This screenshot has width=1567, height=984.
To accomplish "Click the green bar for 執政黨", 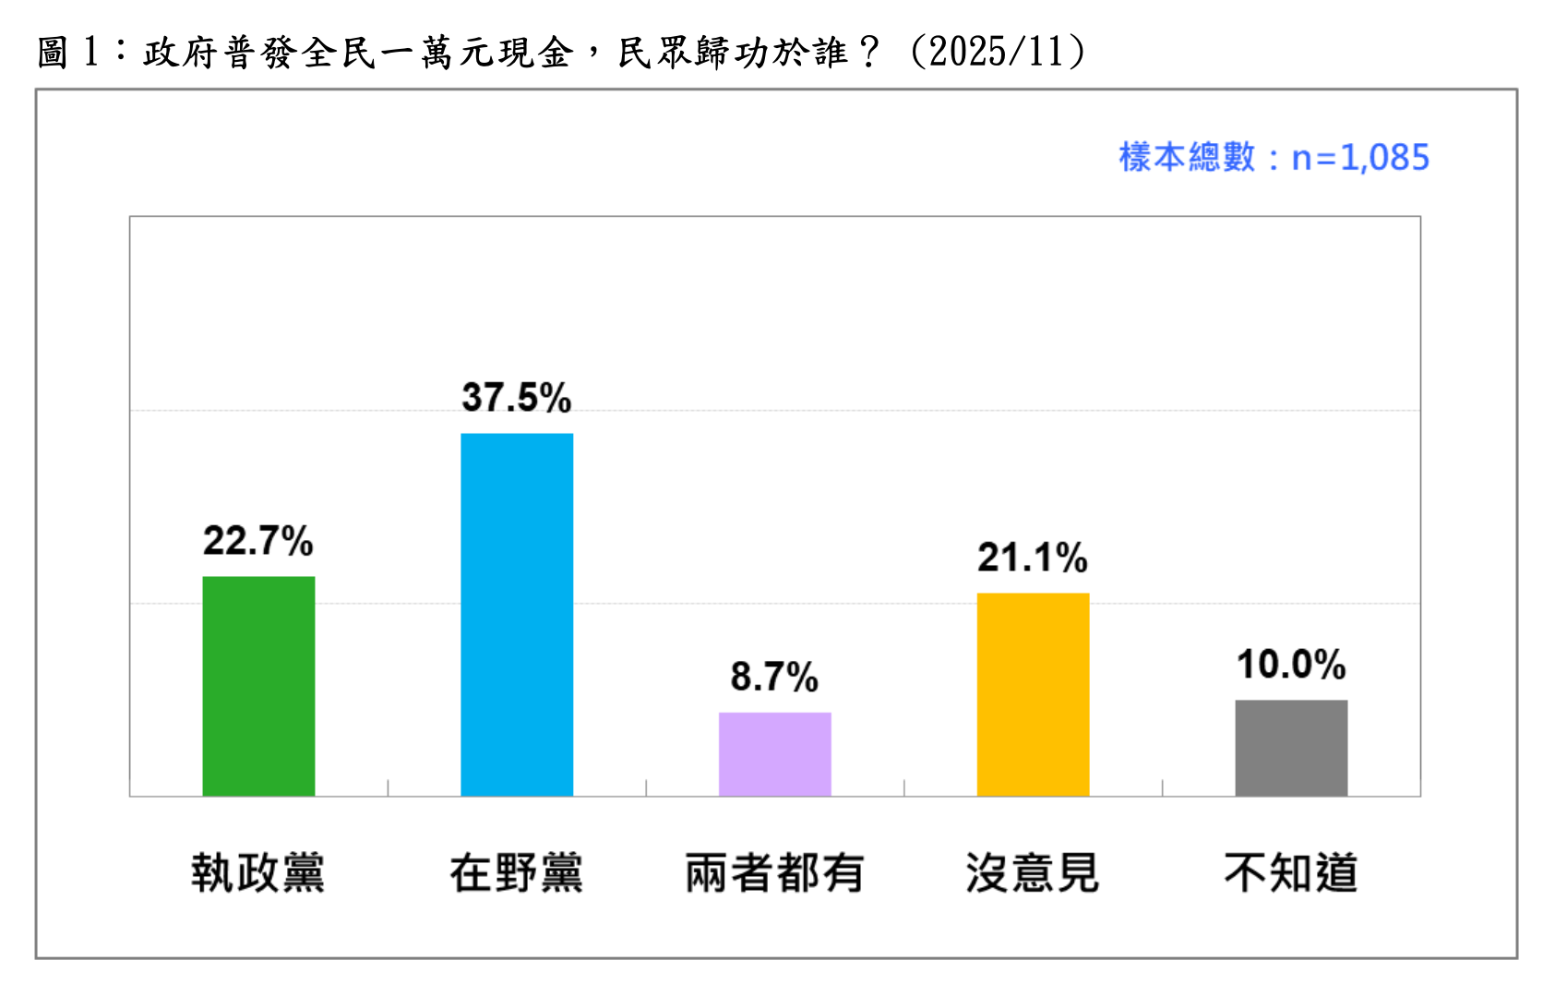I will coord(258,686).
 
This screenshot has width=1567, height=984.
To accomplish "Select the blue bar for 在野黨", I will coord(517,614).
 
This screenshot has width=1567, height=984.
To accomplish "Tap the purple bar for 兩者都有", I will coord(774,753).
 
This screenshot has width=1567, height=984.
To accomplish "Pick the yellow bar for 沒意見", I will coord(1033,694).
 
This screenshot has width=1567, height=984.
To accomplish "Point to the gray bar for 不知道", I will coord(1291,748).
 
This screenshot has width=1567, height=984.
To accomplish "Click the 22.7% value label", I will coord(258,541).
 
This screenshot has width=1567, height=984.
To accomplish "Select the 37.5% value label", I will coord(517,398).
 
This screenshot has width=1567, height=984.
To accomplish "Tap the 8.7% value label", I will coord(774,677).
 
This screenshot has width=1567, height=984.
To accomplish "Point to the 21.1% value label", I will coord(1033,558).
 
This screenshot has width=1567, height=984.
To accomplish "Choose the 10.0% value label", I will coord(1291,665).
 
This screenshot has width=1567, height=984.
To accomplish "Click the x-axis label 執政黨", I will coord(258,872).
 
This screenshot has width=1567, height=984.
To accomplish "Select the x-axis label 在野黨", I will coord(517,872).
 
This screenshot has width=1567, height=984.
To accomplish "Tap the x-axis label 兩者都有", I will coord(774,872).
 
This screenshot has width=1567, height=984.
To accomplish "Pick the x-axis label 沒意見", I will coord(1033,872).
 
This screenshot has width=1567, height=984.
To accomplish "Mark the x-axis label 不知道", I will coord(1291,872).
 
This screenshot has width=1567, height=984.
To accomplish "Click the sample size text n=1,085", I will coord(1360,158).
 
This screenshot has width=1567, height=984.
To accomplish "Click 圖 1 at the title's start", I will coord(67,52).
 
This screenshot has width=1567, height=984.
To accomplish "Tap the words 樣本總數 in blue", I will coord(1188,158).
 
